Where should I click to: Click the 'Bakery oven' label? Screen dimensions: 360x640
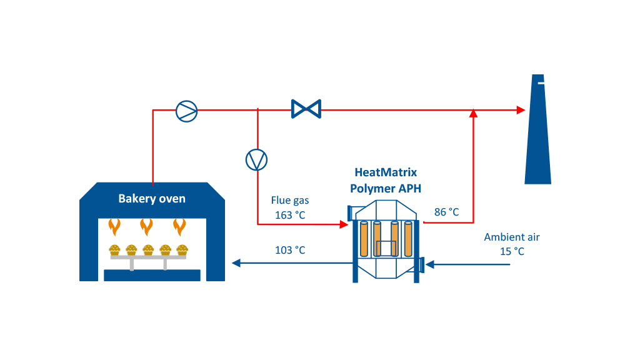click(x=152, y=199)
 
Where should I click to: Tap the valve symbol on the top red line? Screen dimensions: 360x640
click(x=306, y=109)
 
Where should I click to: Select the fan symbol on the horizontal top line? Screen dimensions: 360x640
click(x=186, y=111)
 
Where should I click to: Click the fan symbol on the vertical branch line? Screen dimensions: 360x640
click(x=256, y=160)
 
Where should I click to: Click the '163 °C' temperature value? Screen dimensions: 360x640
click(x=289, y=215)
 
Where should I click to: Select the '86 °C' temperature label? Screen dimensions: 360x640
click(x=446, y=212)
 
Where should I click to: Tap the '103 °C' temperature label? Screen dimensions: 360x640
click(x=290, y=251)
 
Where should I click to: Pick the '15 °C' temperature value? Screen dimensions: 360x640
click(x=512, y=251)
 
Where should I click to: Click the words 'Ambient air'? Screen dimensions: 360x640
click(x=511, y=237)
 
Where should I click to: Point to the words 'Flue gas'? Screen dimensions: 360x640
click(x=289, y=201)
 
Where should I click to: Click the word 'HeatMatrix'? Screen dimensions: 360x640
click(x=385, y=172)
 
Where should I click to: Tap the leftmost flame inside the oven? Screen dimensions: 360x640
click(x=114, y=226)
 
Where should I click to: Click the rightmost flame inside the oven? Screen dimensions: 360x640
click(x=180, y=226)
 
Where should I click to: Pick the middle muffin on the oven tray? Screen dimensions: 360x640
click(x=148, y=250)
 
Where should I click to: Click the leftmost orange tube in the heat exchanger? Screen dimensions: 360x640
click(x=364, y=239)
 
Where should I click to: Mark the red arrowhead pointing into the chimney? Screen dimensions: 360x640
click(x=521, y=110)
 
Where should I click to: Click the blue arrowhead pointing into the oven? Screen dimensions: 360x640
click(x=236, y=263)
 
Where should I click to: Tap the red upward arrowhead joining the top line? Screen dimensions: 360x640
click(x=474, y=113)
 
